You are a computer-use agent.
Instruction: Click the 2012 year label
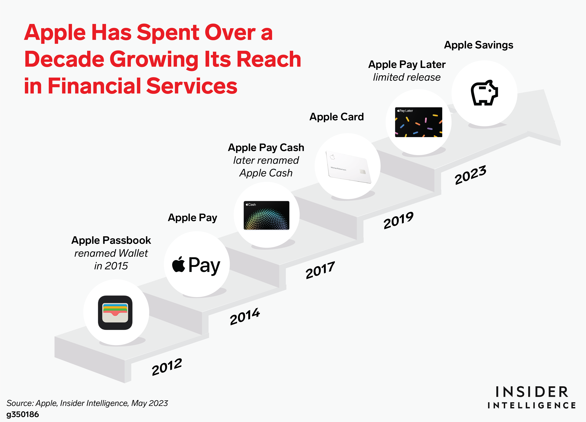(x=167, y=367)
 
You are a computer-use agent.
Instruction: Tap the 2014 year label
(x=245, y=316)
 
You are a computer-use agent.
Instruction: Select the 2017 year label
(x=320, y=270)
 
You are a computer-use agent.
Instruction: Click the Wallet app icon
(x=115, y=312)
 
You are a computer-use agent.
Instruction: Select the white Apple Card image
(x=349, y=167)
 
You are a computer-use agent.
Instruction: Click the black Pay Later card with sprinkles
(x=418, y=122)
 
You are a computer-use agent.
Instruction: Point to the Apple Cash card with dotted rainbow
(x=266, y=215)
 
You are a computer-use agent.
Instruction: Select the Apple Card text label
(x=337, y=117)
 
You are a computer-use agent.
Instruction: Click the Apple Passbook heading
(x=111, y=240)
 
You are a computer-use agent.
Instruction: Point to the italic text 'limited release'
(x=407, y=77)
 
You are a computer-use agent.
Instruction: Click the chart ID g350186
(x=23, y=414)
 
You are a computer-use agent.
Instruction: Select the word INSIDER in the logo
(x=532, y=392)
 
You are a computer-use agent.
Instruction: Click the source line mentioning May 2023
(x=87, y=403)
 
